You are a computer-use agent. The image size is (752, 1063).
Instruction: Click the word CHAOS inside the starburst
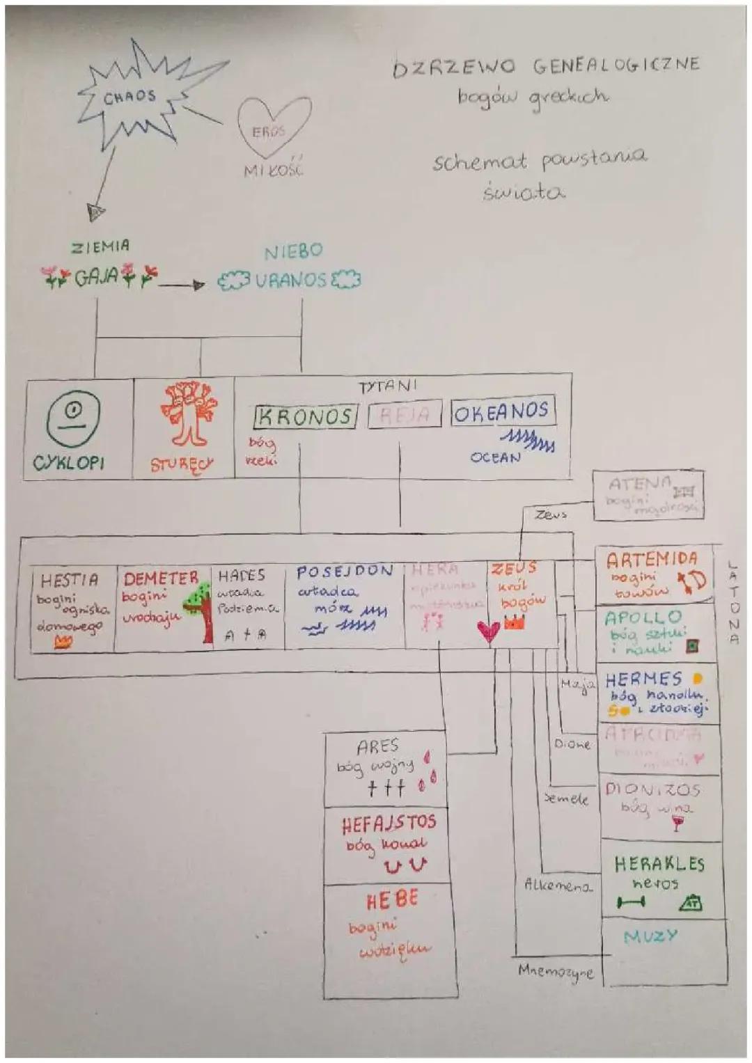coord(130,97)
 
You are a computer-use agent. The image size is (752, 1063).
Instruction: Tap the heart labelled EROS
coord(273,126)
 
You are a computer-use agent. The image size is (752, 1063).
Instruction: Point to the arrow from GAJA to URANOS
coord(182,284)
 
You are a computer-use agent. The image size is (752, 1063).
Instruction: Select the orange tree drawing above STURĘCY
coord(185,414)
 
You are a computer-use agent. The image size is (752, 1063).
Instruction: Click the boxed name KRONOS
coord(305,417)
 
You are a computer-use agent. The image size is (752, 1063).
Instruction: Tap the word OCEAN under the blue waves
coord(495,457)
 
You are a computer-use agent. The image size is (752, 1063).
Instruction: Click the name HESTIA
coord(69,580)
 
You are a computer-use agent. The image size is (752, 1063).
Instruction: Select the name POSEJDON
coord(345,572)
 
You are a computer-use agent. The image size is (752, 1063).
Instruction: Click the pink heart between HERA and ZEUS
coord(489,631)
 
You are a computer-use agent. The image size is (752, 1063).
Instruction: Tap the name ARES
coord(378,746)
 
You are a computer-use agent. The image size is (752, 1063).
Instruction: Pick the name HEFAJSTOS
coord(389,824)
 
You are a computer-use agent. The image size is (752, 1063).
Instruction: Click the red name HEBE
coord(392,900)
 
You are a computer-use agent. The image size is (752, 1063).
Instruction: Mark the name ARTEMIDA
coord(651,559)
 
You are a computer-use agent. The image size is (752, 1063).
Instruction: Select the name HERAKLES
coord(659,864)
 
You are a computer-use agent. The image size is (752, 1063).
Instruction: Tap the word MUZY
coord(650,936)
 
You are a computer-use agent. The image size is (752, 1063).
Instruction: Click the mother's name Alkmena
coord(558,885)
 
